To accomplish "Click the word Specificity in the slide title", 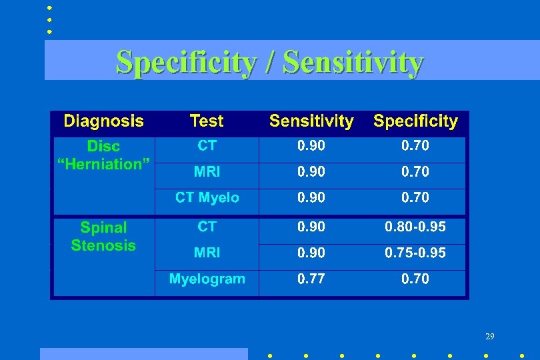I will point(186,63).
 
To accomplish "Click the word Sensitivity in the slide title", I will point(353,63).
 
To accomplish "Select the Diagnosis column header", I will point(103,121).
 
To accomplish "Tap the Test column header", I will point(207,121).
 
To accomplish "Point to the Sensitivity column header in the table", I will point(311,121).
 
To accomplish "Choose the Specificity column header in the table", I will point(415,121).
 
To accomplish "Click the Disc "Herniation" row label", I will point(103,155).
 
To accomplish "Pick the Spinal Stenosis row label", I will point(103,237).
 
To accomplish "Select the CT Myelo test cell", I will point(207,198).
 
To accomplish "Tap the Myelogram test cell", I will point(207,279).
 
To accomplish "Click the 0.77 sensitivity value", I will point(311,279).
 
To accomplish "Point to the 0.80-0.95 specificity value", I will point(415,227).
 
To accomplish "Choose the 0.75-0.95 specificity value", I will point(415,253).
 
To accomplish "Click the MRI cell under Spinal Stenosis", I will point(207,253).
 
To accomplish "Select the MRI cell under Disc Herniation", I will point(207,172).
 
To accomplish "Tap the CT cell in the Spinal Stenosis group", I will point(207,227).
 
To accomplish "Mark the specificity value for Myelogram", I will point(415,279).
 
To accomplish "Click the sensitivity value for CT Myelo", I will point(311,198).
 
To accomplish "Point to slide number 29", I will point(489,337).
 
